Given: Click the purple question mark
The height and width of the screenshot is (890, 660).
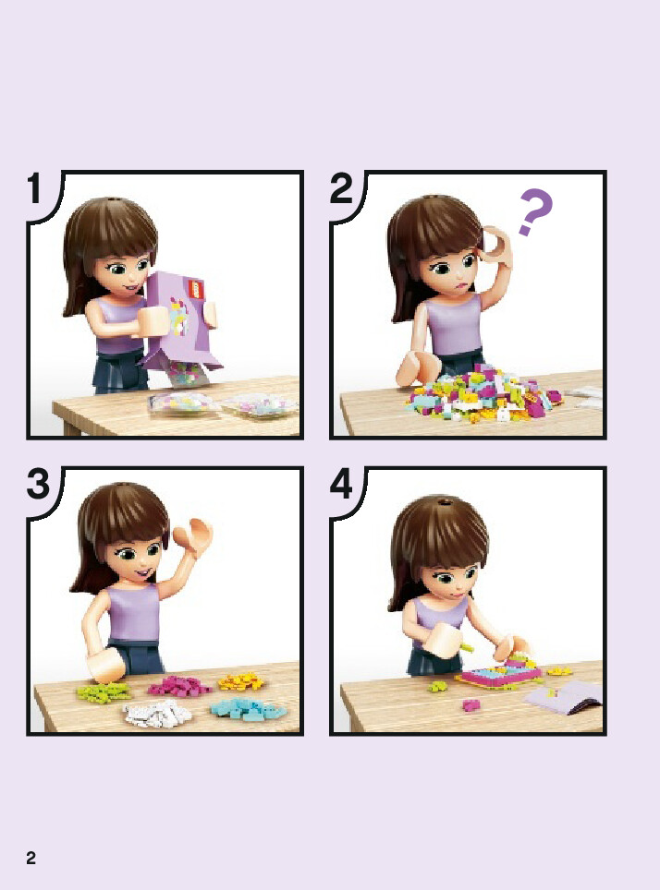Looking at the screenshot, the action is click(x=535, y=212).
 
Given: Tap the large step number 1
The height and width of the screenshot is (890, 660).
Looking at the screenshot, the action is click(x=35, y=188).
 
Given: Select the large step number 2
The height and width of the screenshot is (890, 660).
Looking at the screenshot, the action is click(x=341, y=188).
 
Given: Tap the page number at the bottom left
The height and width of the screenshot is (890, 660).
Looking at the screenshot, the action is click(x=31, y=858).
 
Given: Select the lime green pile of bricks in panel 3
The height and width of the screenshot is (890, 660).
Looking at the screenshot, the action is click(x=104, y=692).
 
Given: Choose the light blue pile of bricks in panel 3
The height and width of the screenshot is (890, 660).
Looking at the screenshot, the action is click(x=248, y=709).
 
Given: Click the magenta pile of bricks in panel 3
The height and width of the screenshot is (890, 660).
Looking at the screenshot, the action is click(x=177, y=686).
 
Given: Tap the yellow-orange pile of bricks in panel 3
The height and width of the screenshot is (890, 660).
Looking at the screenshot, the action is click(x=241, y=680).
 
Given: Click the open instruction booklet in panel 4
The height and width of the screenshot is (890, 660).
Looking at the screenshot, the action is click(x=563, y=694).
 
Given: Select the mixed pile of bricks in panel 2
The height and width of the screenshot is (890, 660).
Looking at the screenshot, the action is click(x=483, y=393).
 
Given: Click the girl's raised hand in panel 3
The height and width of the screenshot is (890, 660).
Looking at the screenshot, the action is click(x=192, y=536).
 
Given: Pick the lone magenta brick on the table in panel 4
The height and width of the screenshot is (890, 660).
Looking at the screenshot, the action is click(x=471, y=705).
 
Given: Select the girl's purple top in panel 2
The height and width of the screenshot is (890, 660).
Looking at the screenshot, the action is click(x=454, y=327).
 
